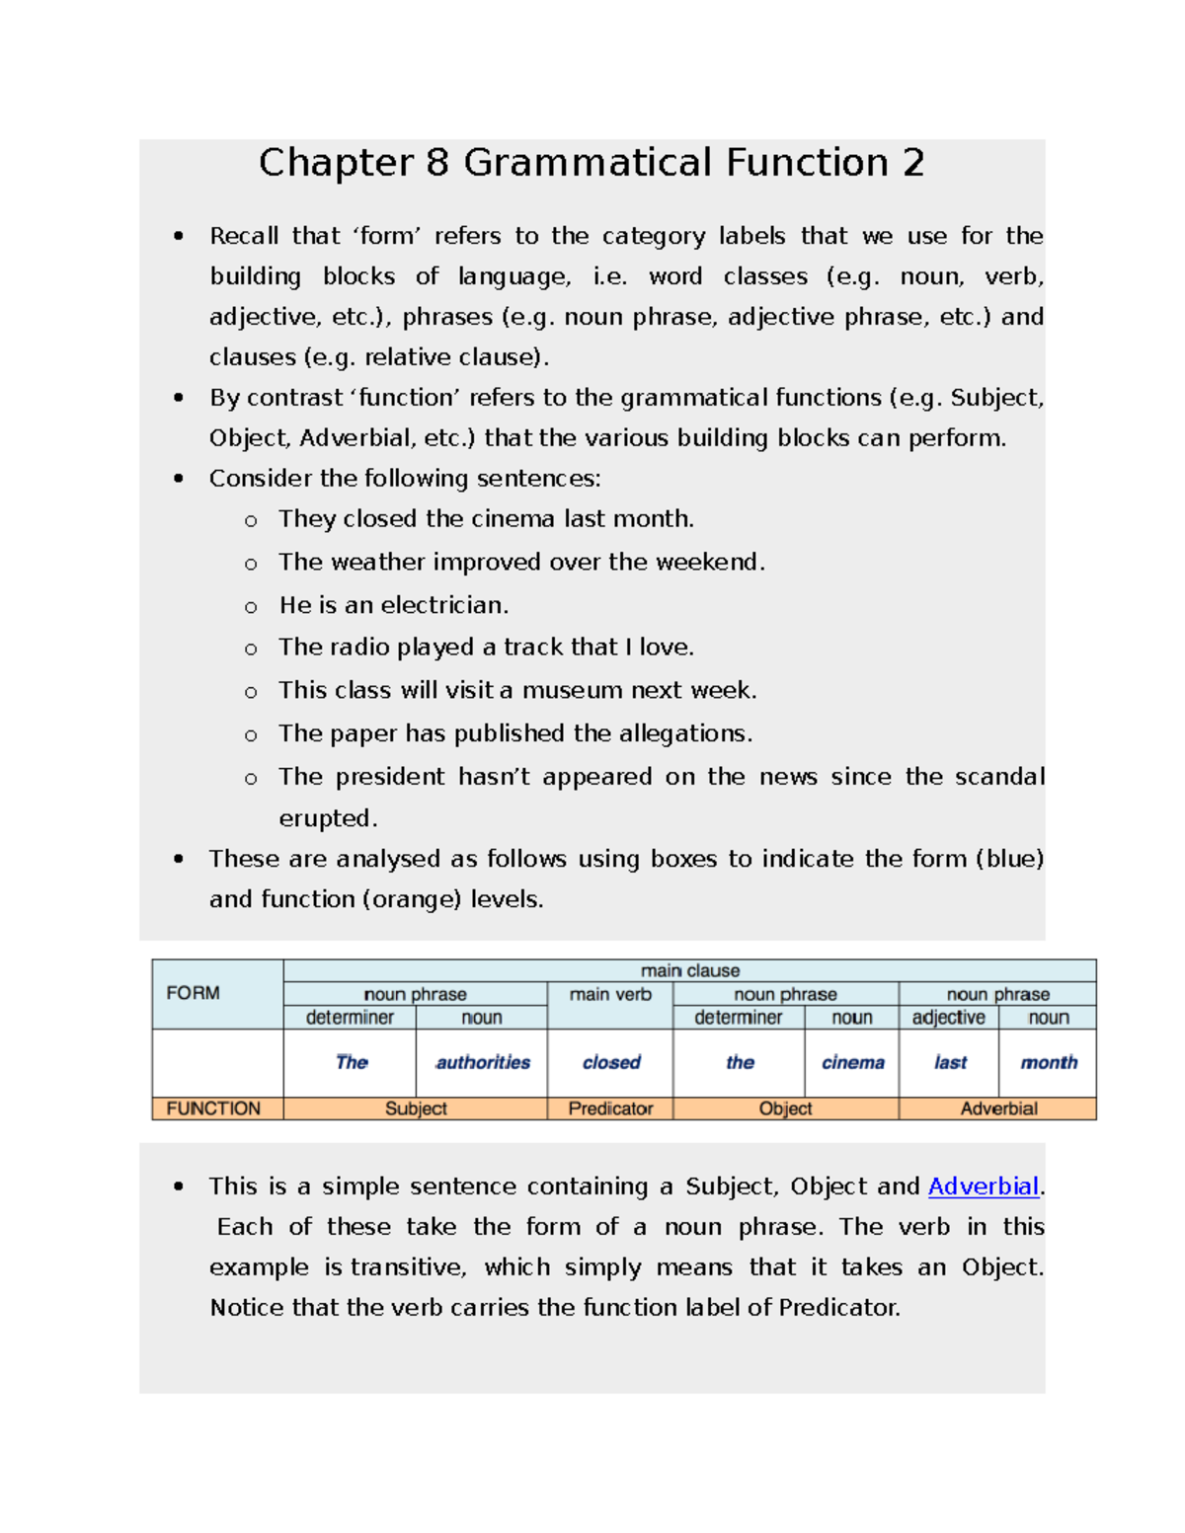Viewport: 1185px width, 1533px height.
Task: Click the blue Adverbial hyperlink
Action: (983, 1186)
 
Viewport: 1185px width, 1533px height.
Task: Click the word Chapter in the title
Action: (336, 163)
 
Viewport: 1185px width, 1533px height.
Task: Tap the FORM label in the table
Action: (193, 993)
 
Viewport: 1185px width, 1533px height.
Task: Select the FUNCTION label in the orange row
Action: (212, 1109)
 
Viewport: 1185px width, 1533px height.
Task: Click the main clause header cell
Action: (689, 970)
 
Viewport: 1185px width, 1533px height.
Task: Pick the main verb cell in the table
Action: (610, 994)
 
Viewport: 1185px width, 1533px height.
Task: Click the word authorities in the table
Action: (483, 1062)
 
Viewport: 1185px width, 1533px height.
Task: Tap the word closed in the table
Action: (611, 1062)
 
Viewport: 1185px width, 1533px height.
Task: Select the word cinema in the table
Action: (852, 1062)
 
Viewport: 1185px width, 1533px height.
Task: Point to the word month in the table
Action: (1048, 1062)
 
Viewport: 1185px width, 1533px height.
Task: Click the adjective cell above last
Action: (948, 1018)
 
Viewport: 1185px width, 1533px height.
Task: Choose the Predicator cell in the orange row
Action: (610, 1109)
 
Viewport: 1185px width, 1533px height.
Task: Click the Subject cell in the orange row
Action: (416, 1109)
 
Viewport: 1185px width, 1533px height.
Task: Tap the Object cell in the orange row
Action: (785, 1109)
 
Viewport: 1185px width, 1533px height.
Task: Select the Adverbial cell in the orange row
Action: (998, 1109)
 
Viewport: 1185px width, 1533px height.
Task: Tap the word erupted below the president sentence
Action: (326, 818)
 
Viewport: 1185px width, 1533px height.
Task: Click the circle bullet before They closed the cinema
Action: (251, 521)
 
